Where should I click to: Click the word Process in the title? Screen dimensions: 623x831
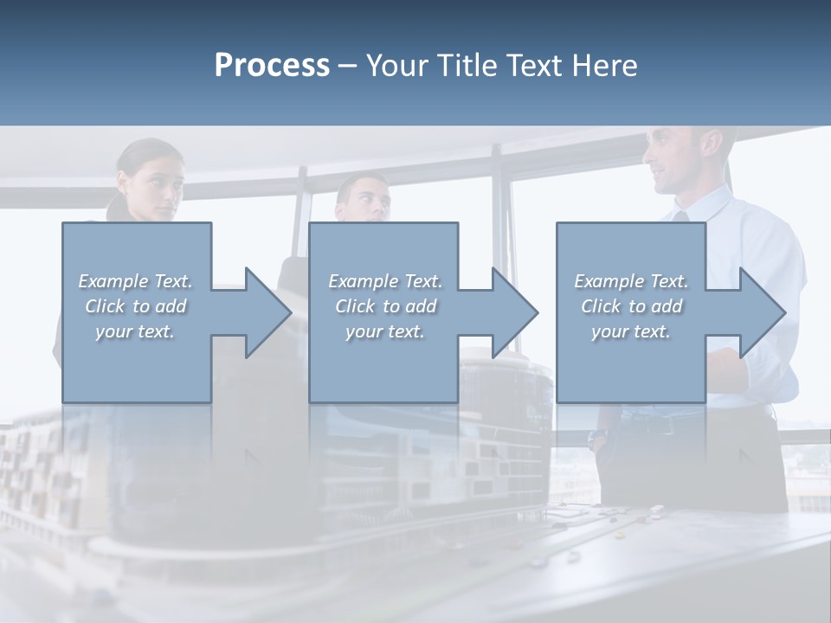(272, 66)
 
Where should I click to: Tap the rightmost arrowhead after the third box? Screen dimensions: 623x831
(761, 312)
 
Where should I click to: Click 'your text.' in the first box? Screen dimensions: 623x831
(135, 331)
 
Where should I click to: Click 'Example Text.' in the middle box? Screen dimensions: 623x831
(385, 281)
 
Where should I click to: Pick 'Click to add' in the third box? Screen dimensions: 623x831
(632, 306)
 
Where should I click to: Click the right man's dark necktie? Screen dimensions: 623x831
(680, 216)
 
